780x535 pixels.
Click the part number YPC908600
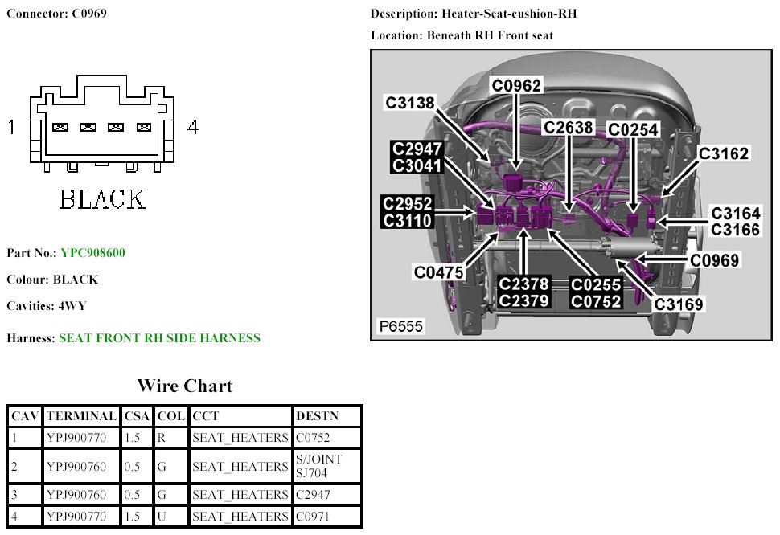[92, 253]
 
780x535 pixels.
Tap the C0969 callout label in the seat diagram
[714, 260]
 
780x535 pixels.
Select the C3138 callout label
[410, 103]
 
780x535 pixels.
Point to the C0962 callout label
[516, 85]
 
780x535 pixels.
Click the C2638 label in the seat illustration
[568, 127]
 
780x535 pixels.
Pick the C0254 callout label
[633, 129]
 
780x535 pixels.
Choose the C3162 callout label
[724, 153]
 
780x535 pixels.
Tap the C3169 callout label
[679, 304]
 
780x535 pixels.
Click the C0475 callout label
[438, 272]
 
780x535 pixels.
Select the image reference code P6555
[401, 326]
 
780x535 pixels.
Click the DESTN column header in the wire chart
[318, 416]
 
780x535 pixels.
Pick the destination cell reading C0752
[313, 438]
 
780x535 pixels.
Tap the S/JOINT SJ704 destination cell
[319, 466]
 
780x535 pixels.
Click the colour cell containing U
[162, 517]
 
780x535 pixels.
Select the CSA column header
[137, 416]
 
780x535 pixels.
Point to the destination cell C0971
[312, 517]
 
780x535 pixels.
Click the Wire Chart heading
[185, 386]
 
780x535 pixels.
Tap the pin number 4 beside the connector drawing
[193, 127]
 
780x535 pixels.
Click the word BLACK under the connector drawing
[102, 199]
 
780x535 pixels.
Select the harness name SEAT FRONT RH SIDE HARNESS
[160, 338]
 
